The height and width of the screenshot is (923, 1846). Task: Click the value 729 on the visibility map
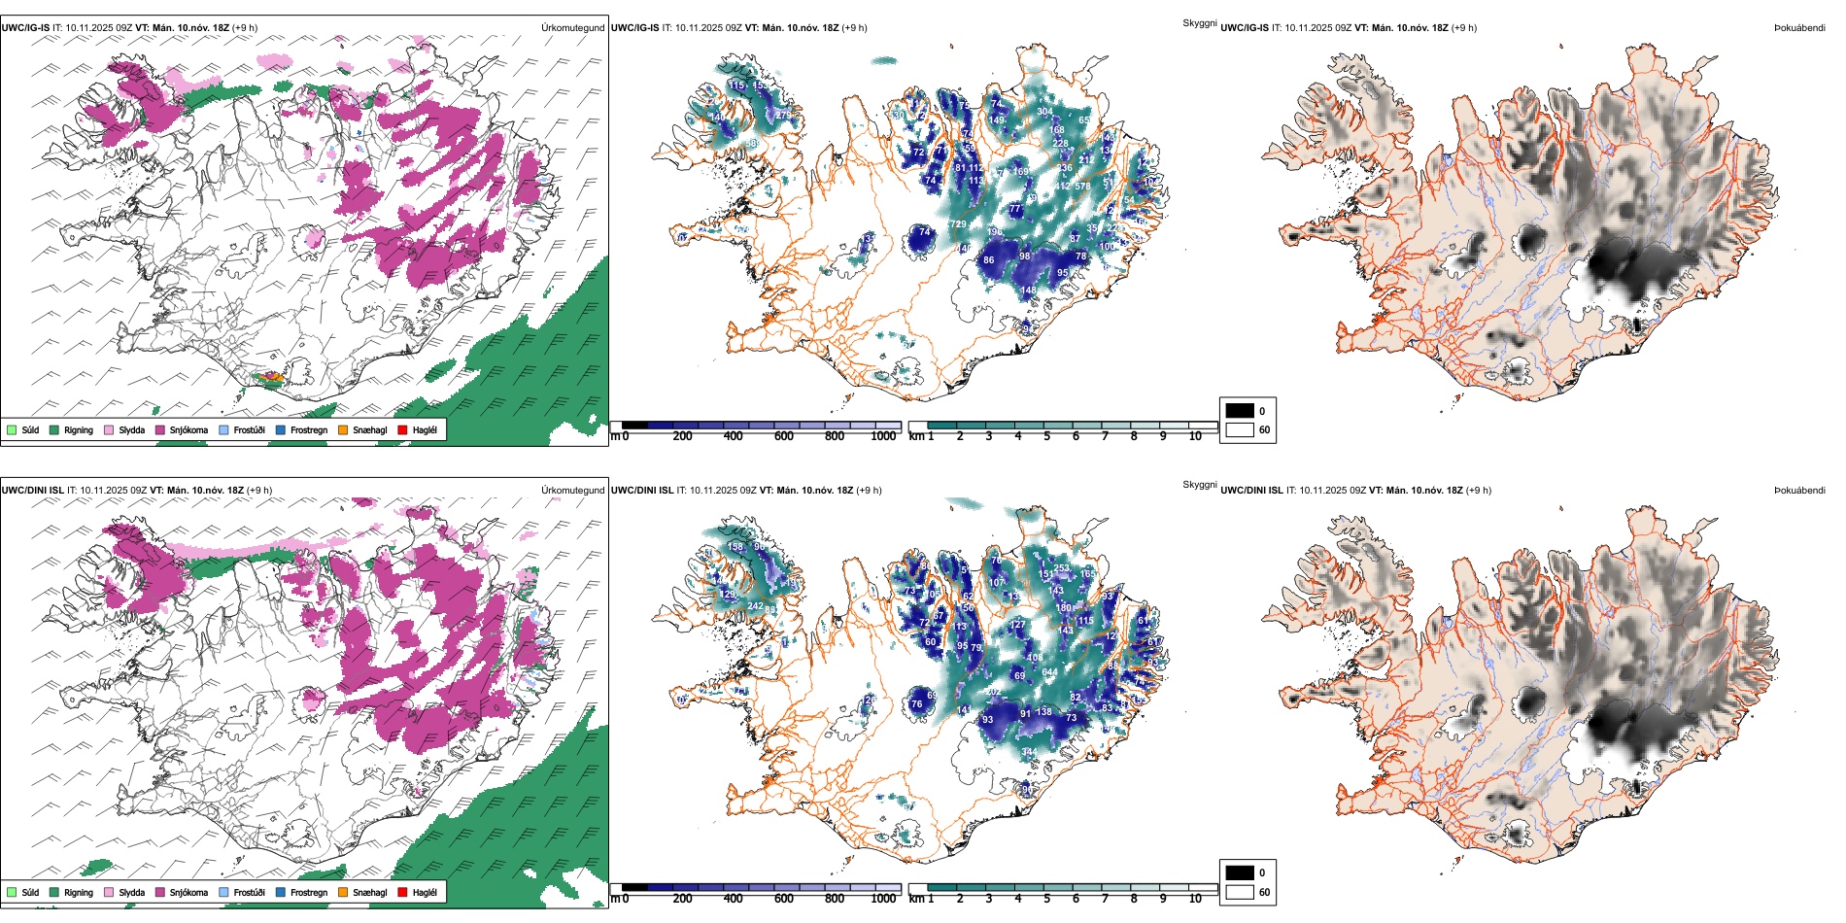point(958,224)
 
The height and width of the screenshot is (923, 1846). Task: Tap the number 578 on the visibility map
point(1082,186)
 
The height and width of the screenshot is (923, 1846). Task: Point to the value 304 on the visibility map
point(1043,112)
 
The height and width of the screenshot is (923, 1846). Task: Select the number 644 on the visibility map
point(1049,672)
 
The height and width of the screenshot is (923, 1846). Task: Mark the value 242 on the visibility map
point(756,606)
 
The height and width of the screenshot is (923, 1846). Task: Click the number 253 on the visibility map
point(1061,568)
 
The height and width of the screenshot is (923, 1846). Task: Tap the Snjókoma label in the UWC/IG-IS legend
point(188,430)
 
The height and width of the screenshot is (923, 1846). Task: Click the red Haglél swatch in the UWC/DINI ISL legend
point(403,892)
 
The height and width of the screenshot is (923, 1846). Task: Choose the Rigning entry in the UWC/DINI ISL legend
point(78,892)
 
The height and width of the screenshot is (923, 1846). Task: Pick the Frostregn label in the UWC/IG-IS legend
point(308,430)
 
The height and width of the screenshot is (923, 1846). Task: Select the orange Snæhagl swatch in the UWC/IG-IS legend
point(343,429)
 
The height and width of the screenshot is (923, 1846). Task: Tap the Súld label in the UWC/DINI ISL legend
point(30,892)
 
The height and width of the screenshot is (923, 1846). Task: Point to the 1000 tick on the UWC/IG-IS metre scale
point(883,436)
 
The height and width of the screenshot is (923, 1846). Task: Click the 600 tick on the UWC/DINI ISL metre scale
point(784,899)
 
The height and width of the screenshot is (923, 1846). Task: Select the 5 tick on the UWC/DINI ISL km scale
point(1047,899)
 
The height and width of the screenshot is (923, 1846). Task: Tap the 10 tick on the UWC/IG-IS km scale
point(1195,436)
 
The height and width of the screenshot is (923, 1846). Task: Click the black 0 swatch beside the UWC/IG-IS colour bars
point(1240,411)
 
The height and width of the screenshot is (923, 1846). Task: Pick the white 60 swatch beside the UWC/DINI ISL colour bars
point(1240,892)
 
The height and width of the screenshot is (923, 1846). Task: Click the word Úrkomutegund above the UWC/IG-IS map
point(572,28)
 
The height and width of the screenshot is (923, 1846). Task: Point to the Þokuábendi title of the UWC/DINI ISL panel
point(1799,491)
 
